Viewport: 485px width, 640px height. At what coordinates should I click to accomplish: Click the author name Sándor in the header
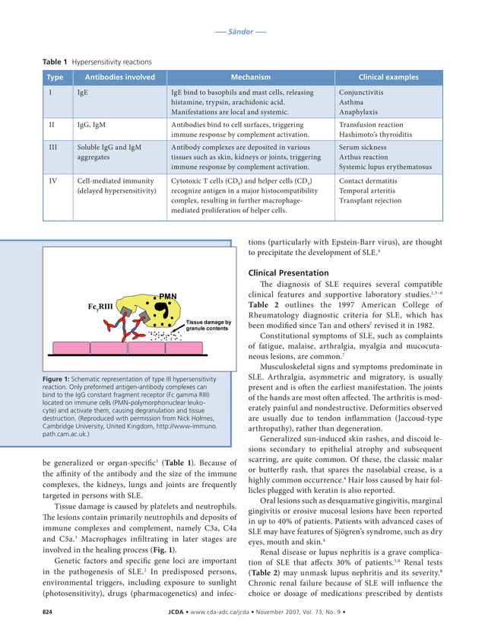pyautogui.click(x=242, y=33)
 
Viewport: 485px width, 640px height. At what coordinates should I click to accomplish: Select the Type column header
pyautogui.click(x=55, y=77)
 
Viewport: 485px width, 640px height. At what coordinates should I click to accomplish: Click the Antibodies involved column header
pyautogui.click(x=119, y=77)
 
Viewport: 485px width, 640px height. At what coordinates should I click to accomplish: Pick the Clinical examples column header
pyautogui.click(x=388, y=77)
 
